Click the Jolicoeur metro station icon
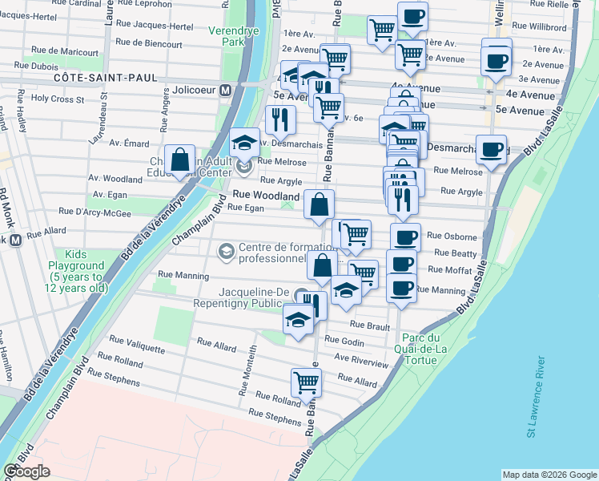click(x=227, y=91)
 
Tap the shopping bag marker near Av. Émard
click(x=180, y=160)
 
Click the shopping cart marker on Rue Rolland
click(x=306, y=382)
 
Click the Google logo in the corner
click(x=27, y=471)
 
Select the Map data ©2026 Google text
click(x=549, y=475)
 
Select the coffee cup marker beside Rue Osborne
click(x=405, y=237)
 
